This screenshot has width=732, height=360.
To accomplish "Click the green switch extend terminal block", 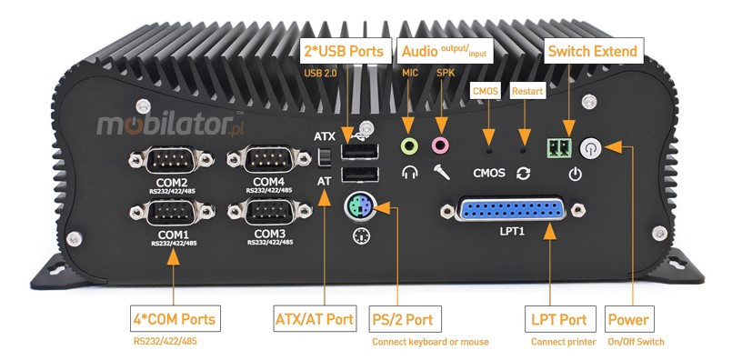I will click(557, 148).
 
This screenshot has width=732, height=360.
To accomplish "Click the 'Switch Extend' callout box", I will click(590, 48).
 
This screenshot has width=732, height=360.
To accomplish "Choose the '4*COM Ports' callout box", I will click(172, 319).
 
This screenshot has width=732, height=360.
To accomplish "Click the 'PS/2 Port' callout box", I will click(406, 319).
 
